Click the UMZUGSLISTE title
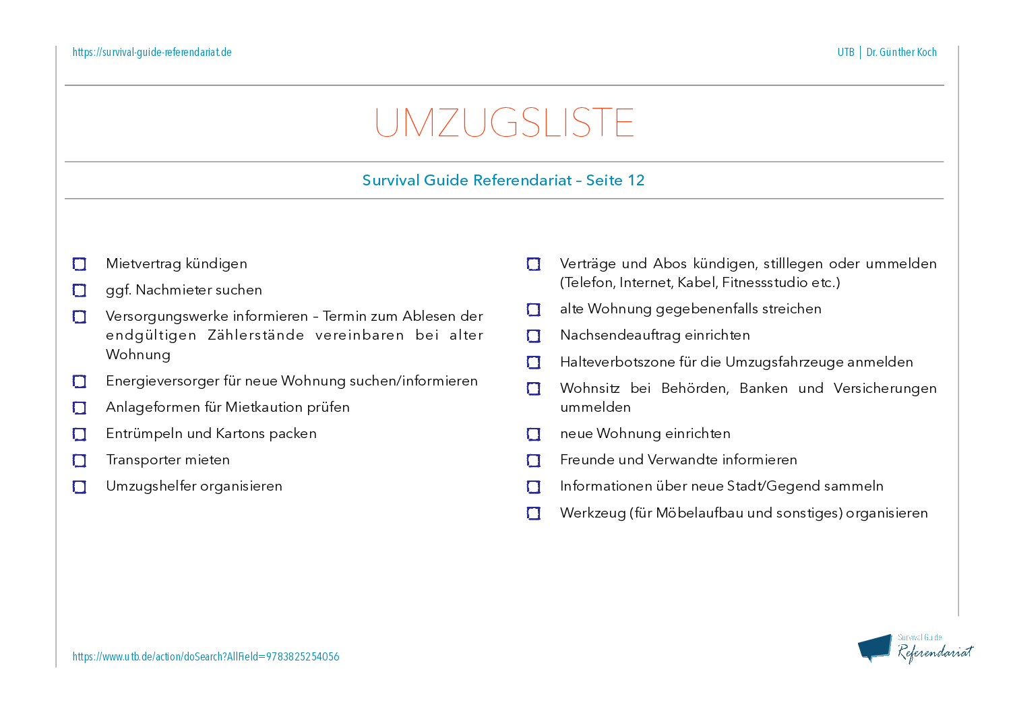(x=504, y=123)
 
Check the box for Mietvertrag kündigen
(x=80, y=264)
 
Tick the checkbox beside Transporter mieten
(x=80, y=460)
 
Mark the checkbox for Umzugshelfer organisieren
(x=80, y=487)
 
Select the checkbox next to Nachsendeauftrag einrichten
(x=534, y=336)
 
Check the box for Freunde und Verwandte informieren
(x=534, y=460)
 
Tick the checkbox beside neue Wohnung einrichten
(x=534, y=434)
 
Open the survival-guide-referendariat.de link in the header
(x=152, y=53)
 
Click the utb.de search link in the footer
(x=206, y=656)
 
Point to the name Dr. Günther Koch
(x=901, y=53)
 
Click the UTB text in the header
(x=846, y=53)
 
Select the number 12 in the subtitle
(x=636, y=181)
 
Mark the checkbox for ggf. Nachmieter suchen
(x=80, y=290)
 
